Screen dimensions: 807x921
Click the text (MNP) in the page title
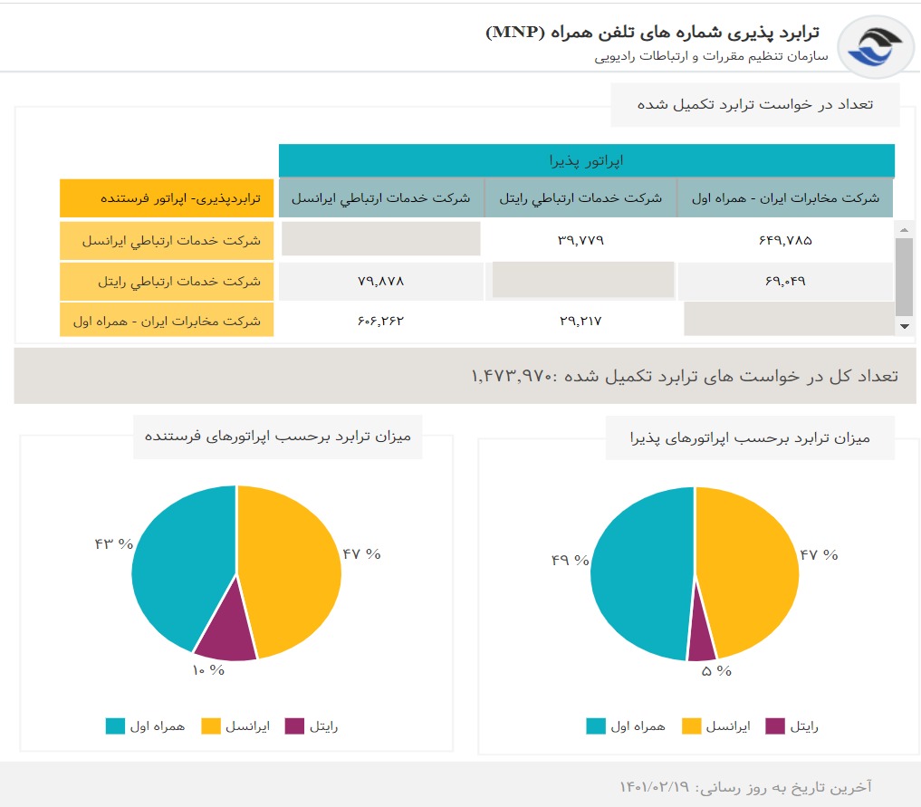pos(516,33)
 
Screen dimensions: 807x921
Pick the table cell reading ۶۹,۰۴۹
pos(784,281)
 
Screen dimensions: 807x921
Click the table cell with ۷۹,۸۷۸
pos(380,281)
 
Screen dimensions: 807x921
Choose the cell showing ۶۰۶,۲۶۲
pos(380,321)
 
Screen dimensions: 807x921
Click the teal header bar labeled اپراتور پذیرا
pos(586,161)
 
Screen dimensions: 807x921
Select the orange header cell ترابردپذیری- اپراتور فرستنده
pos(167,197)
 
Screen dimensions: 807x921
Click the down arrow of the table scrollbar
pos(903,326)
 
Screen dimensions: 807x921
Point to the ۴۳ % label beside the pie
pos(113,543)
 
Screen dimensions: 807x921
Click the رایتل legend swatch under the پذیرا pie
pos(775,726)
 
